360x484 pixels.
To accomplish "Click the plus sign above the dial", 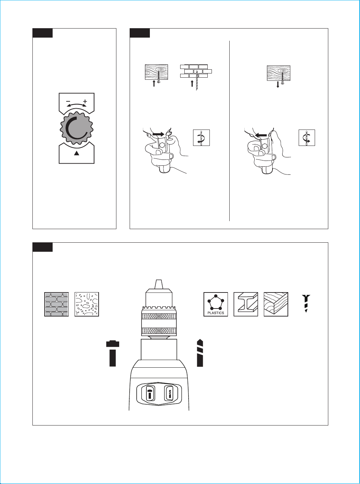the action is (85, 101).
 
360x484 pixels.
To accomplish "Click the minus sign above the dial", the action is (68, 101).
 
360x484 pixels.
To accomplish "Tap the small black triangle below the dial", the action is (76, 154).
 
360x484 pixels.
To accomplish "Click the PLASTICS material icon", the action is (216, 304).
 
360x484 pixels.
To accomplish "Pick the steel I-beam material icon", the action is (246, 304).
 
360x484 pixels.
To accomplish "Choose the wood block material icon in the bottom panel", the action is (276, 304).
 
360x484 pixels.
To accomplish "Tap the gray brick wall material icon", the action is (56, 304).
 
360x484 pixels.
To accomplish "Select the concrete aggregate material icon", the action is (87, 304).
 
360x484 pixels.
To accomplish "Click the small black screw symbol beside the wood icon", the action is (306, 303).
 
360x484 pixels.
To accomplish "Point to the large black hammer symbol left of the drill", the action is (113, 353).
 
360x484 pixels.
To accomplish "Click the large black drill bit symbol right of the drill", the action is (200, 353).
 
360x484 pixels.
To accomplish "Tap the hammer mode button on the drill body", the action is (150, 393).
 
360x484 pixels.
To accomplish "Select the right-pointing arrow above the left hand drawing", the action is (158, 135).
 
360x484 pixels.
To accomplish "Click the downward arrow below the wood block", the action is (278, 85).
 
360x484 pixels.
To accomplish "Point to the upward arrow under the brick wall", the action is (192, 84).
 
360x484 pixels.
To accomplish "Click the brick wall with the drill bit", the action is (196, 71).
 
